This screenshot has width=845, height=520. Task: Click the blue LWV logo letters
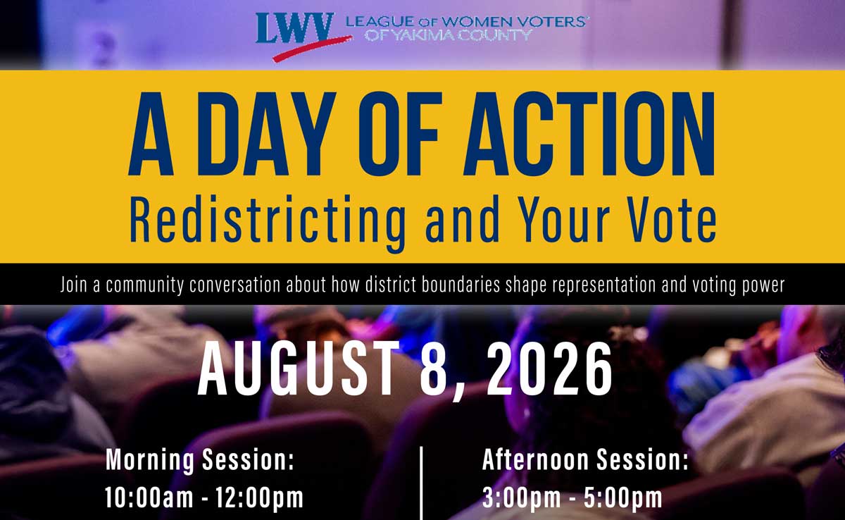[x=294, y=28]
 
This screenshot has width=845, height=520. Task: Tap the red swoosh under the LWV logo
[x=313, y=48]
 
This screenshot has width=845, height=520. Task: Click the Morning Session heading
[x=199, y=459]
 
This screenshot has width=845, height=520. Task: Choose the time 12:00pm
[x=260, y=497]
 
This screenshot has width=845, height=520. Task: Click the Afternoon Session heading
[x=585, y=459]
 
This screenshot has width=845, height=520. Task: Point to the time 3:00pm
[x=522, y=497]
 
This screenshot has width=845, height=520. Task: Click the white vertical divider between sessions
[x=420, y=483]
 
